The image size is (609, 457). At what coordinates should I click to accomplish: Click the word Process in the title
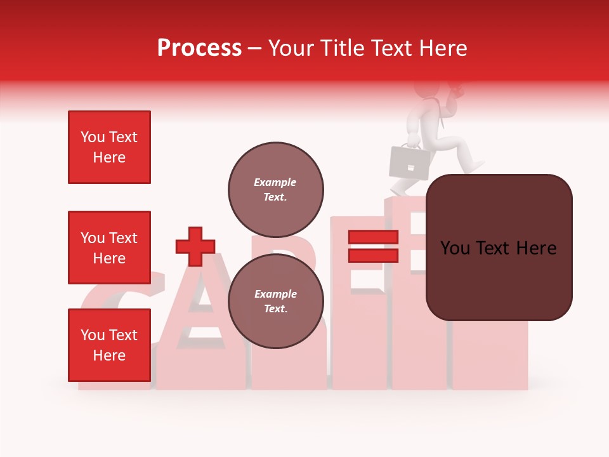pos(199,48)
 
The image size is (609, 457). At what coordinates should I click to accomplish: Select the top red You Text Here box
pos(109,147)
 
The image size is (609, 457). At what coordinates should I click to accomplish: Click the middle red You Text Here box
pos(109,248)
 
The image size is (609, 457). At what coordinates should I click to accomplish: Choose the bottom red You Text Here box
pos(109,345)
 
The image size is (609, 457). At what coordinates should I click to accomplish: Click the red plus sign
pos(195,246)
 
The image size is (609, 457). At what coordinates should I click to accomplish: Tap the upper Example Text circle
pos(275,189)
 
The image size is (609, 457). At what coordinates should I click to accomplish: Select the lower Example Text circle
pos(275,301)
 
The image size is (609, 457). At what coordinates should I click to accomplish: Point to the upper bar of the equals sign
pos(373,237)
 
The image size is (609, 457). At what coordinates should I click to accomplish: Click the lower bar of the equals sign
pos(373,256)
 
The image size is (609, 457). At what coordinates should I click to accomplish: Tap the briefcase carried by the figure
pos(409,161)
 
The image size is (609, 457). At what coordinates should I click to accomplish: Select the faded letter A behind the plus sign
pos(200,317)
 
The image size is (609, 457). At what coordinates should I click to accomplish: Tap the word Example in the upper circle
pos(275,182)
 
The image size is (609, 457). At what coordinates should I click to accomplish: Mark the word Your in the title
pos(291,48)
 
